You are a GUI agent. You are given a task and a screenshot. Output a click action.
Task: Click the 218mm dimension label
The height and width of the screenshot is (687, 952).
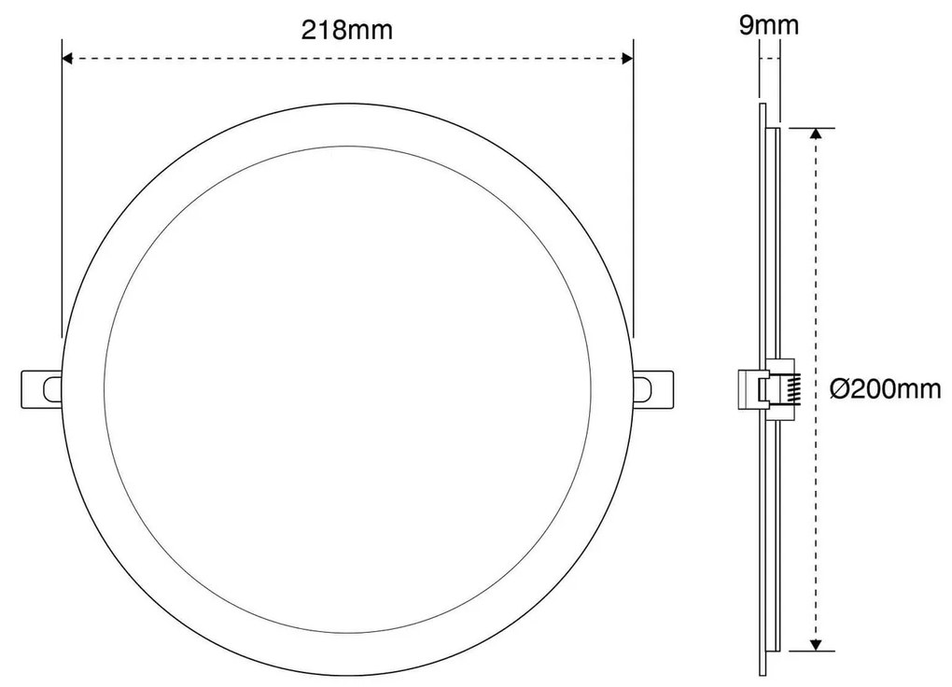pyautogui.click(x=346, y=29)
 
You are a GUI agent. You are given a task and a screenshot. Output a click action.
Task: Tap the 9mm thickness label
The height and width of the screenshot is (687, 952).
pyautogui.click(x=768, y=25)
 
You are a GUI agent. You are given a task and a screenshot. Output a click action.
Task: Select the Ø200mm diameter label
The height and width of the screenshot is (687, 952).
pyautogui.click(x=886, y=388)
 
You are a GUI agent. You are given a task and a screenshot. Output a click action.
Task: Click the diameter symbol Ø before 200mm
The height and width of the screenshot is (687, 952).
pyautogui.click(x=839, y=388)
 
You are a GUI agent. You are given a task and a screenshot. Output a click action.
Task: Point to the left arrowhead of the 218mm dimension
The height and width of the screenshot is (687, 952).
pyautogui.click(x=67, y=58)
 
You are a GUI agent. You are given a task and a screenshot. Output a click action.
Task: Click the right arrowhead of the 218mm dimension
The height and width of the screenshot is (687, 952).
pyautogui.click(x=627, y=58)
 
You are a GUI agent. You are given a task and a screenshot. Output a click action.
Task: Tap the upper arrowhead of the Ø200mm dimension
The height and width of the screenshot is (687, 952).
pyautogui.click(x=817, y=133)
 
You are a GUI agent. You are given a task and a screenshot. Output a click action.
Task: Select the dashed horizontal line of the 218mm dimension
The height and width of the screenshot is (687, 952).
pyautogui.click(x=346, y=58)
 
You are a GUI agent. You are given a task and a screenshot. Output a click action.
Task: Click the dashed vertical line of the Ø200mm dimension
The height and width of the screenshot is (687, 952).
pyautogui.click(x=817, y=280)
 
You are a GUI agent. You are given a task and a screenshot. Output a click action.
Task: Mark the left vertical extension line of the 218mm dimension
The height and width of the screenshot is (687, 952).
pyautogui.click(x=62, y=187)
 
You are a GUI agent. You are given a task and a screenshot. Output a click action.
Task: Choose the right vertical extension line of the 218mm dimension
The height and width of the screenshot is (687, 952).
pyautogui.click(x=634, y=187)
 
